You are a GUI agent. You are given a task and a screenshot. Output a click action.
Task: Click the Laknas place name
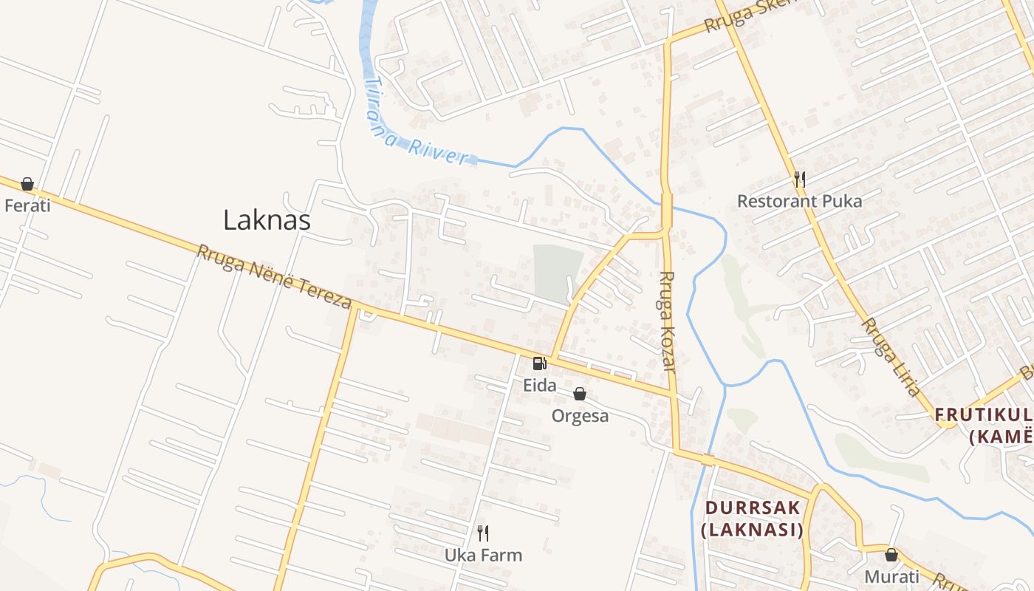click(267, 220)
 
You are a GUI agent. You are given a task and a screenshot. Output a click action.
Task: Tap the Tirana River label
click(417, 125)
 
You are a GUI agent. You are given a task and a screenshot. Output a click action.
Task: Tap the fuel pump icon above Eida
click(540, 363)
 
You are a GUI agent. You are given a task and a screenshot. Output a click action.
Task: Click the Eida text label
click(540, 385)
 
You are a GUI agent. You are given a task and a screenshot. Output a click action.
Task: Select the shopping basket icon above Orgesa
click(580, 394)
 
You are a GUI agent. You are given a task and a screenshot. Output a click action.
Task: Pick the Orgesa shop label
click(581, 416)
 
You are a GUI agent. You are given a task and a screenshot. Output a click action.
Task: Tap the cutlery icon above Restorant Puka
click(799, 180)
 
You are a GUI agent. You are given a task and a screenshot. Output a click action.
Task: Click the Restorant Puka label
click(799, 201)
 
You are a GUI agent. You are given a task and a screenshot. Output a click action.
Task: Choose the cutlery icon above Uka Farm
click(483, 533)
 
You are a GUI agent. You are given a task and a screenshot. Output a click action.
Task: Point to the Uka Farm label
click(483, 555)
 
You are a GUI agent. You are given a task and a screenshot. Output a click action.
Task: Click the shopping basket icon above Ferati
click(27, 184)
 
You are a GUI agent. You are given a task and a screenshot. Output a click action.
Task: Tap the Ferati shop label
click(27, 205)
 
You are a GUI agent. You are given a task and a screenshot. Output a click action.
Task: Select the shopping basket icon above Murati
click(891, 555)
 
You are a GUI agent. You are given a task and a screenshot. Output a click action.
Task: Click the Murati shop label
click(891, 576)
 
